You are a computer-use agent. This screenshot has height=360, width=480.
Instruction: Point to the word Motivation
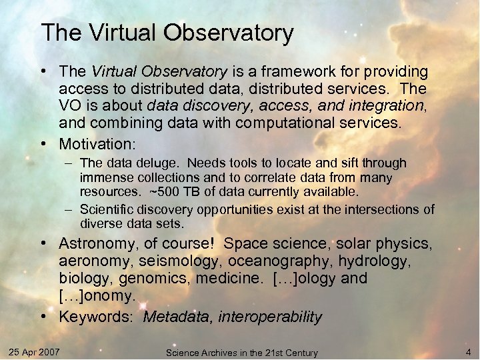pos(97,143)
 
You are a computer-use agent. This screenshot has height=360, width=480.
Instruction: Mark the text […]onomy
pos(97,295)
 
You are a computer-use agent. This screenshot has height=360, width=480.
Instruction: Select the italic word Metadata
pos(177,317)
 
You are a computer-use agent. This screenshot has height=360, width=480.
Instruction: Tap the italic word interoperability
pos(269,317)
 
